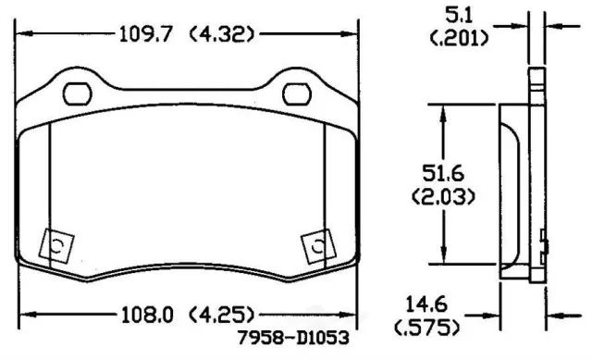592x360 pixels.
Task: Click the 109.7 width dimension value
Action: click(x=145, y=34)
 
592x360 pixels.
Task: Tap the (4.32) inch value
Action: click(x=222, y=34)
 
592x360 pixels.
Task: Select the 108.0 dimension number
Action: click(x=147, y=315)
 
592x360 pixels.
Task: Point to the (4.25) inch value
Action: click(x=222, y=315)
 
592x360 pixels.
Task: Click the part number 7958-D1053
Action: click(x=293, y=338)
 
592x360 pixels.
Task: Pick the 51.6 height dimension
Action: click(x=443, y=174)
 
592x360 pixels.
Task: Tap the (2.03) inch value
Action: click(x=443, y=196)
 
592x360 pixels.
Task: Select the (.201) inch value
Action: click(x=459, y=38)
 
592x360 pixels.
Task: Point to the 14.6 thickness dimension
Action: click(x=426, y=304)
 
